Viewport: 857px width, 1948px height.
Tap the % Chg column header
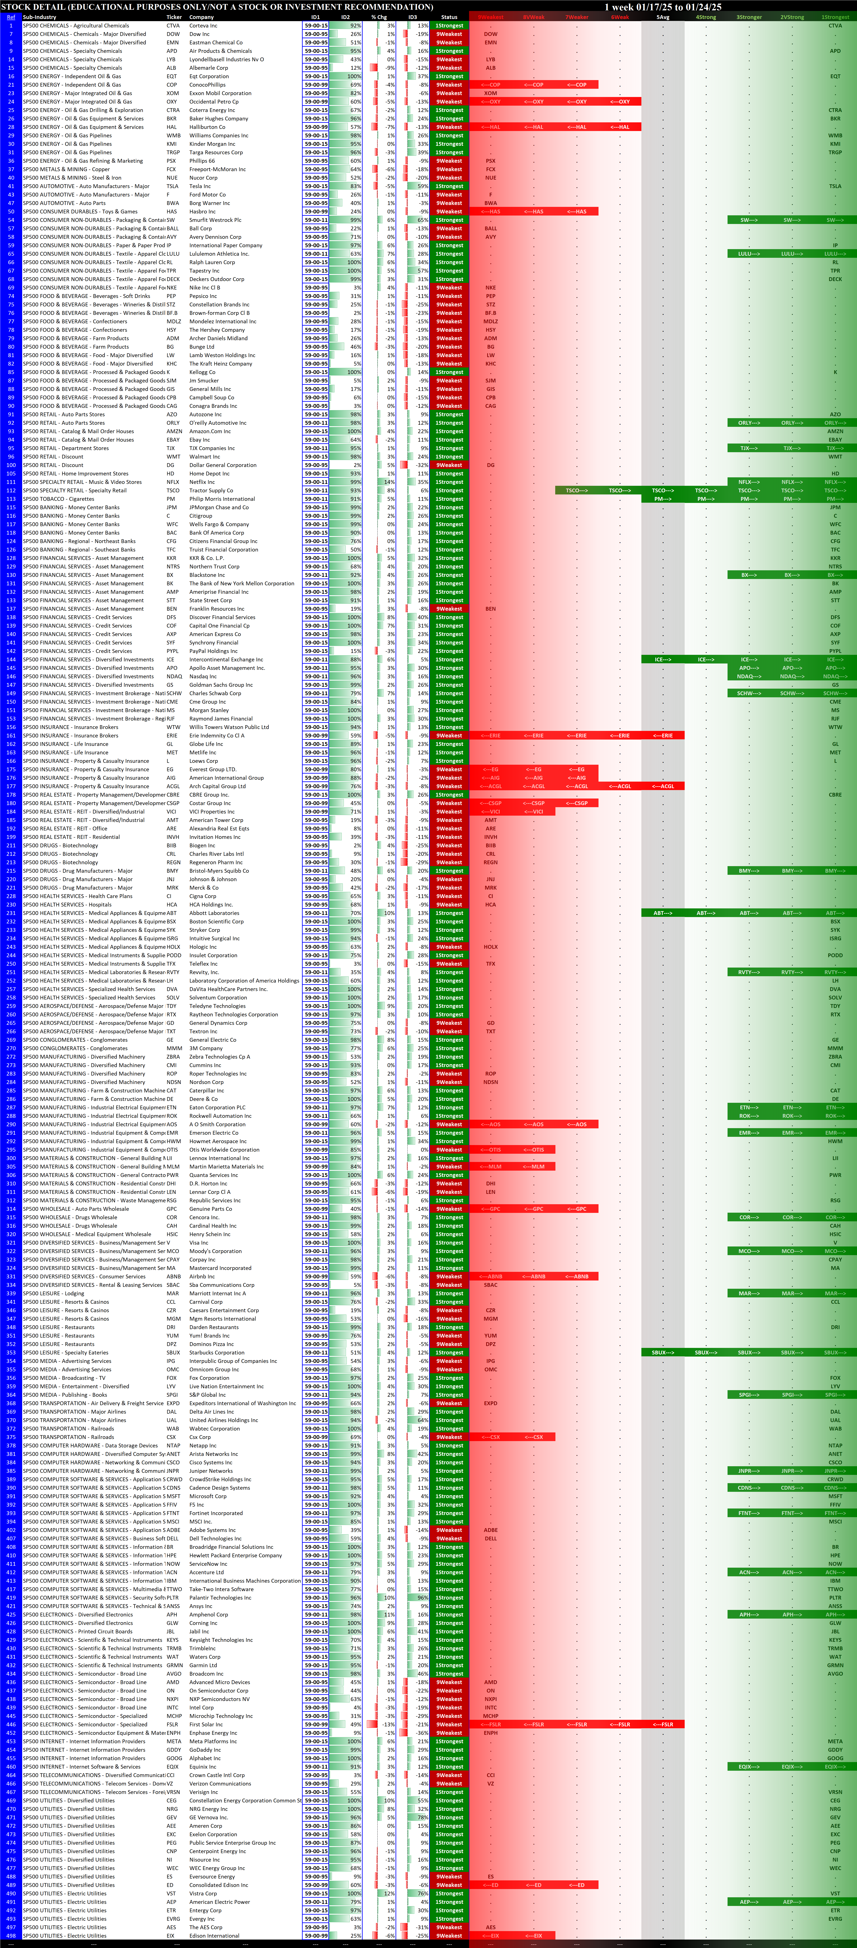[x=379, y=17]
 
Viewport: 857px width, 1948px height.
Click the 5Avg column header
[x=663, y=17]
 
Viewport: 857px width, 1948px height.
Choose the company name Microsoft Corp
[x=208, y=1496]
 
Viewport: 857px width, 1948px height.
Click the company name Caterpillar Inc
[x=206, y=1091]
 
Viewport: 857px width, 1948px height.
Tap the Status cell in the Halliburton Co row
[x=449, y=127]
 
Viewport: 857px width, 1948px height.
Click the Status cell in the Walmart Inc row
[x=449, y=457]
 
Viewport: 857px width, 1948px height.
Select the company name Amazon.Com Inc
[x=210, y=431]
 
